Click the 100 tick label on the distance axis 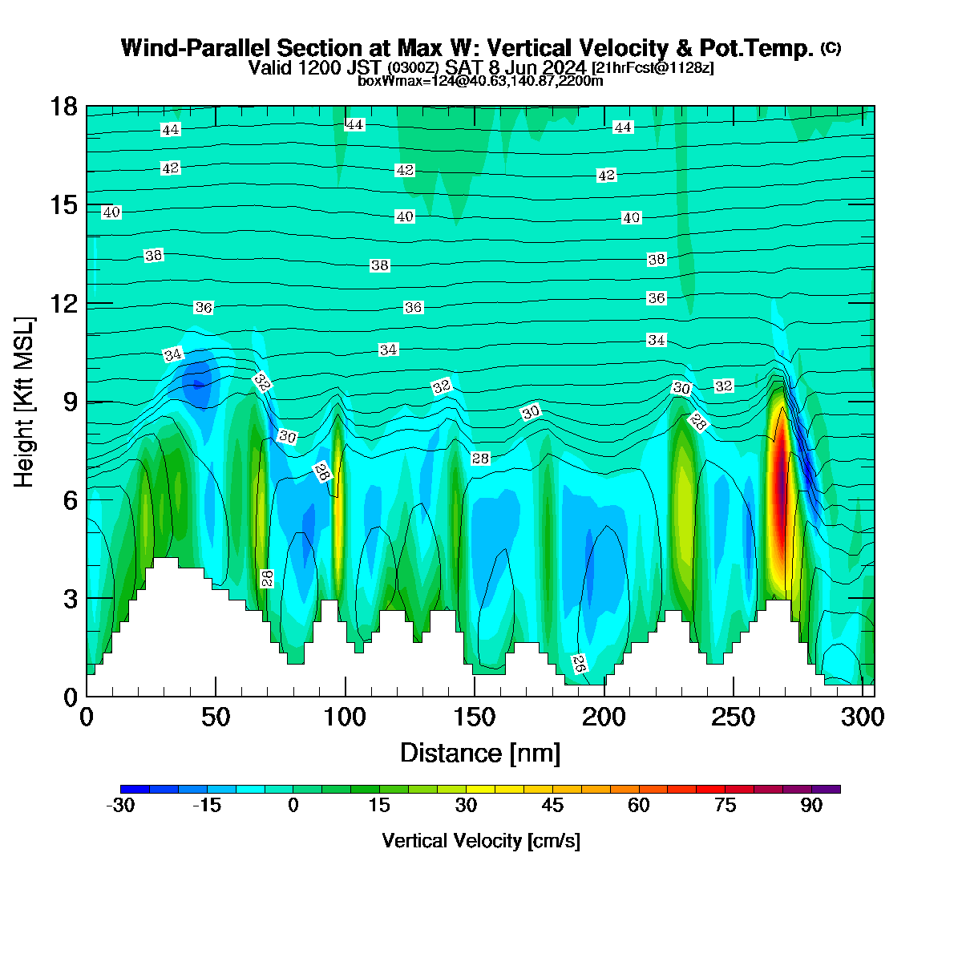pos(345,717)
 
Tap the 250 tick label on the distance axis pos(733,717)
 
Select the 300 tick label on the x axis pos(862,717)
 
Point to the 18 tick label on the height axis pos(64,107)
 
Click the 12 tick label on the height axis pos(64,304)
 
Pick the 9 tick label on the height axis pos(71,402)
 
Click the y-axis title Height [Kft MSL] pos(23,402)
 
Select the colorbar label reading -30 pos(120,806)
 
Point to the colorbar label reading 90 pos(811,806)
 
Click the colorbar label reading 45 pos(552,806)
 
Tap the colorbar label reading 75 pos(725,806)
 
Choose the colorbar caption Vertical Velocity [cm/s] pos(481,842)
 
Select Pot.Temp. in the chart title pos(756,48)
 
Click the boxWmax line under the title pos(480,81)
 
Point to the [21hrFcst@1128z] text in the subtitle pos(653,67)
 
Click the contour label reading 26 pos(579,664)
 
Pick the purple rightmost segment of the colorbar pos(827,790)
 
